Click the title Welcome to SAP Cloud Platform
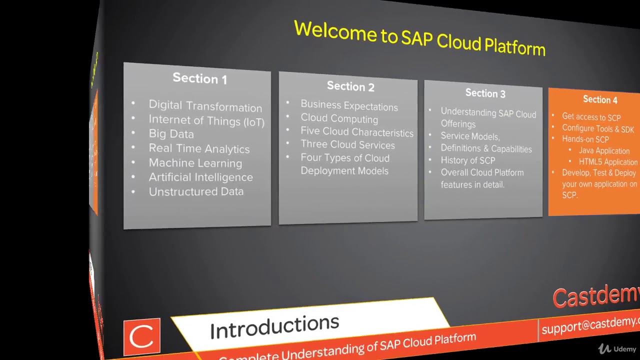click(x=419, y=37)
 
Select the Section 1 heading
click(x=199, y=78)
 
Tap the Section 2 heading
click(x=350, y=86)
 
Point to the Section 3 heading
click(x=485, y=93)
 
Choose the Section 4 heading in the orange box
click(x=600, y=99)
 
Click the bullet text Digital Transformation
click(x=205, y=106)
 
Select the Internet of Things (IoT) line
click(x=206, y=120)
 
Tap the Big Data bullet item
click(x=171, y=134)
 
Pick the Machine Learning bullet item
click(x=195, y=163)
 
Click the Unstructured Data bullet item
click(x=196, y=191)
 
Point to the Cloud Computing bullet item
click(x=339, y=119)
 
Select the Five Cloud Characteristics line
click(x=356, y=132)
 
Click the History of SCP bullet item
click(x=467, y=160)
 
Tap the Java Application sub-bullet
click(x=604, y=150)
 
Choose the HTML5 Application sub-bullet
click(x=608, y=162)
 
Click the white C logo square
click(x=141, y=336)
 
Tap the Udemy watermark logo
click(x=617, y=349)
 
